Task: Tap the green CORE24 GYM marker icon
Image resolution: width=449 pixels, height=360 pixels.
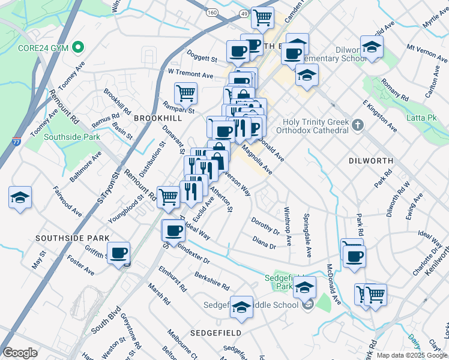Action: pyautogui.click(x=77, y=47)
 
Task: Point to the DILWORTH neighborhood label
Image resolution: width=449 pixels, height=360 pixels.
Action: pyautogui.click(x=371, y=161)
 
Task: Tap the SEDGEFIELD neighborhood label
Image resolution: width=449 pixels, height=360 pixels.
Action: pyautogui.click(x=215, y=332)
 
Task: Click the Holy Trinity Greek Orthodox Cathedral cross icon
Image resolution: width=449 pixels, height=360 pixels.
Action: pyautogui.click(x=358, y=125)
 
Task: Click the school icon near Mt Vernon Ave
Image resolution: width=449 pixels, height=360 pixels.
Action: pyautogui.click(x=372, y=48)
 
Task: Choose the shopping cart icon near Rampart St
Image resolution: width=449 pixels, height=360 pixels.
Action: pyautogui.click(x=186, y=94)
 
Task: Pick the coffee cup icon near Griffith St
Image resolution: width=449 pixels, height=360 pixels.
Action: pyautogui.click(x=119, y=253)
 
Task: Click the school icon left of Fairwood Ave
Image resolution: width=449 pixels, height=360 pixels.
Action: pyautogui.click(x=20, y=199)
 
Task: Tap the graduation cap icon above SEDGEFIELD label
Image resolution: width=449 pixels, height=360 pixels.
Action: pyautogui.click(x=241, y=308)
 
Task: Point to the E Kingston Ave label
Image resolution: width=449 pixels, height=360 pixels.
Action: pyautogui.click(x=379, y=116)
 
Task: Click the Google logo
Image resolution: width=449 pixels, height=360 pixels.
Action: pyautogui.click(x=20, y=353)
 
